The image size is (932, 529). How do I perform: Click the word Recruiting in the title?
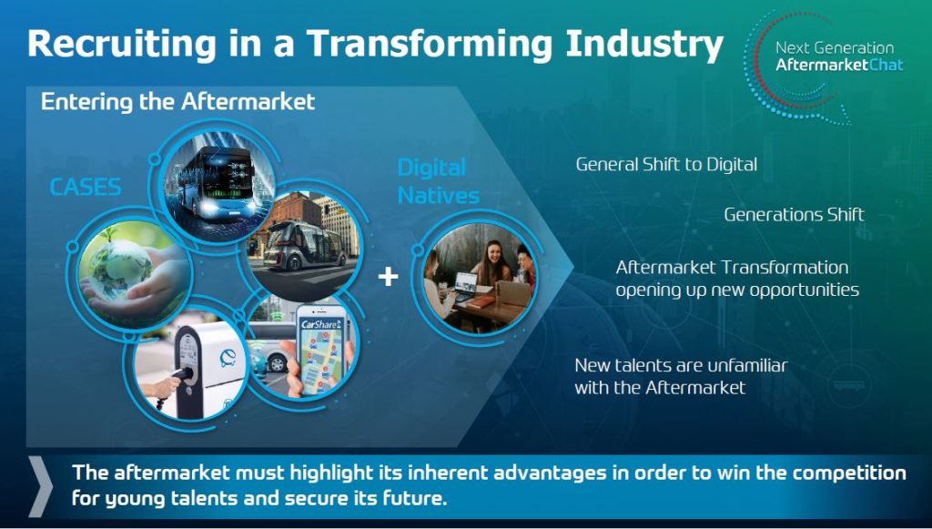pyautogui.click(x=122, y=44)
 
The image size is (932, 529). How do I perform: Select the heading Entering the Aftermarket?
pyautogui.click(x=177, y=102)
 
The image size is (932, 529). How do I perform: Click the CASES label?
pyautogui.click(x=86, y=188)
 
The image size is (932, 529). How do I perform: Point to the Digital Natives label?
pyautogui.click(x=439, y=181)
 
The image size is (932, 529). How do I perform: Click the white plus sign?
pyautogui.click(x=388, y=276)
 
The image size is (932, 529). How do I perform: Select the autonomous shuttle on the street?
pyautogui.click(x=305, y=245)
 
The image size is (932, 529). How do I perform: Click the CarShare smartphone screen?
pyautogui.click(x=321, y=351)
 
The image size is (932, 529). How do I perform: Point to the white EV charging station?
pyautogui.click(x=209, y=369)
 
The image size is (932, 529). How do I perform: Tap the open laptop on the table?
pyautogui.click(x=465, y=286)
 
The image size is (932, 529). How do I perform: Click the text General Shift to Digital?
pyautogui.click(x=666, y=165)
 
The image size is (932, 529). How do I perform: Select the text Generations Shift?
pyautogui.click(x=794, y=215)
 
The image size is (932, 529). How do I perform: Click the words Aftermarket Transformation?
pyautogui.click(x=733, y=268)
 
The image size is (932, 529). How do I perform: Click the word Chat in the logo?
pyautogui.click(x=886, y=65)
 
